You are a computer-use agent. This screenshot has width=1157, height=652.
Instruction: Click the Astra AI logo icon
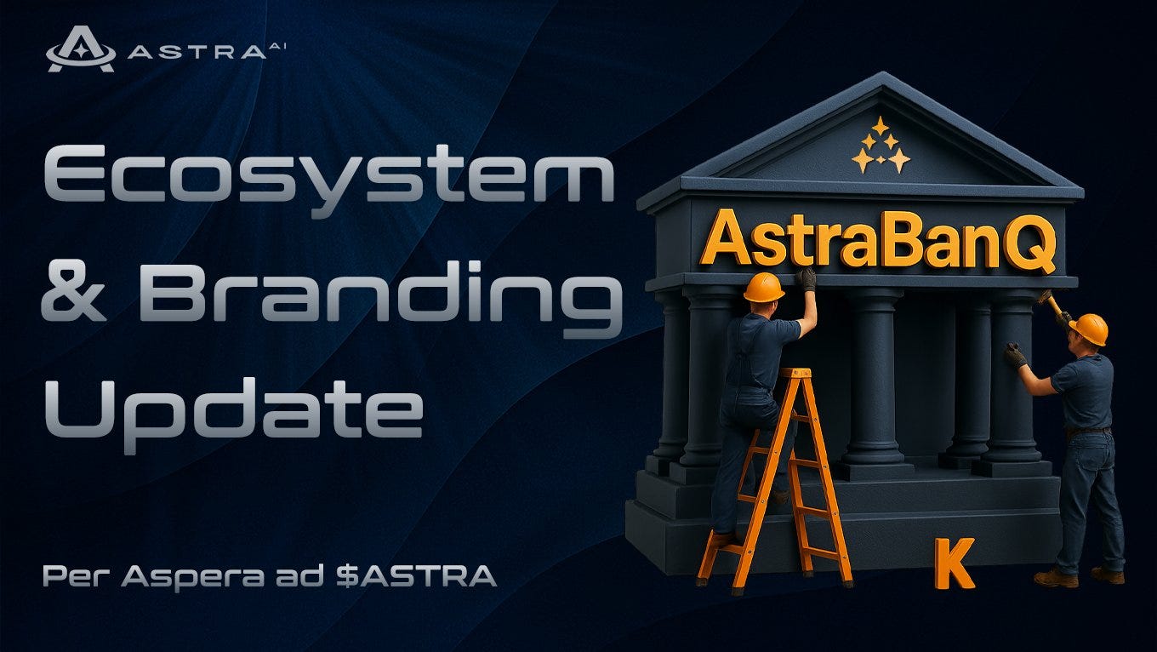coord(81,49)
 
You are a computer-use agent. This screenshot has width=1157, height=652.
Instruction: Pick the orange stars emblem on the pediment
coord(881,146)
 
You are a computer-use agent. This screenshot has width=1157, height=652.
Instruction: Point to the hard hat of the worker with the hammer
coord(1089,329)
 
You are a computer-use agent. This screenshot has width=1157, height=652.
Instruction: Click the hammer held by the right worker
coord(1052,303)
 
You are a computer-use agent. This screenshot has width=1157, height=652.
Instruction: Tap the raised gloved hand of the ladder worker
coord(807,278)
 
